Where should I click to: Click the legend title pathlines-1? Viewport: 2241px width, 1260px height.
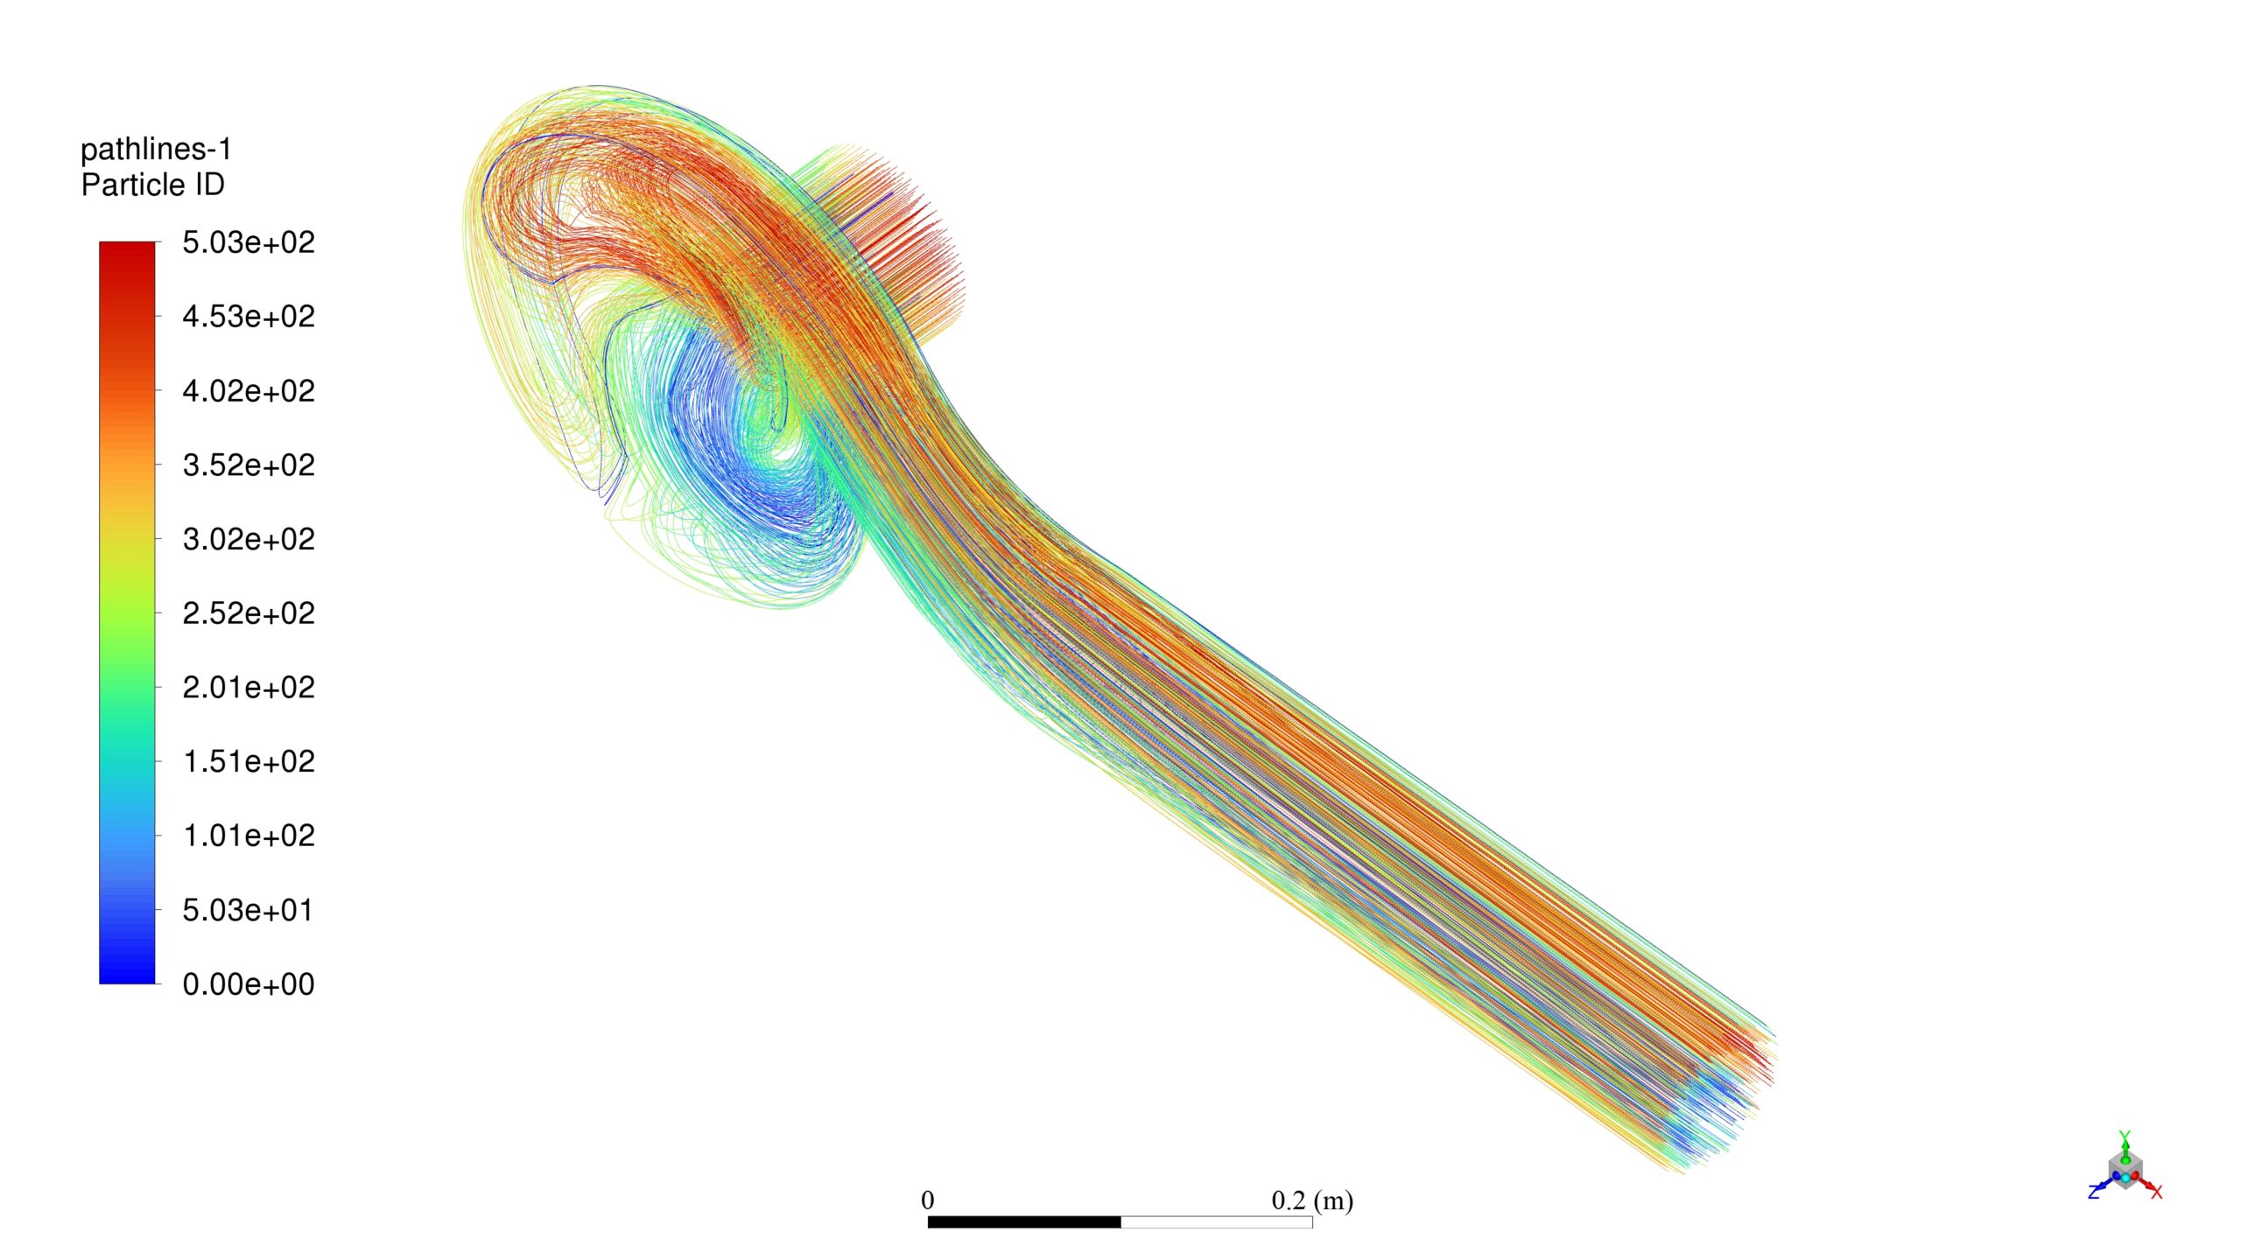[x=156, y=150]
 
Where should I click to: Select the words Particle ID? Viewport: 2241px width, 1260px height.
[x=153, y=185]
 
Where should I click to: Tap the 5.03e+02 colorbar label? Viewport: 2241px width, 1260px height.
[x=249, y=242]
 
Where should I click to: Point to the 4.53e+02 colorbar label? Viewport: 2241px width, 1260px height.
[x=249, y=317]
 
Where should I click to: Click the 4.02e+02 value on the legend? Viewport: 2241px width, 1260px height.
[x=249, y=391]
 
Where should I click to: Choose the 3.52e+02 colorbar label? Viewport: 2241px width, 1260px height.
[x=249, y=465]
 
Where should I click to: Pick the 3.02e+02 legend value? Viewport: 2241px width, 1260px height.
[x=249, y=539]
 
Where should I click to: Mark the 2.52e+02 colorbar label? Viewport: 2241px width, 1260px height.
[x=249, y=613]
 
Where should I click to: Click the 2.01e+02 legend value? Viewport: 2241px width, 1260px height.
[x=249, y=688]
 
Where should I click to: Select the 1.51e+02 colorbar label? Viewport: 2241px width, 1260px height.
[x=249, y=762]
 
